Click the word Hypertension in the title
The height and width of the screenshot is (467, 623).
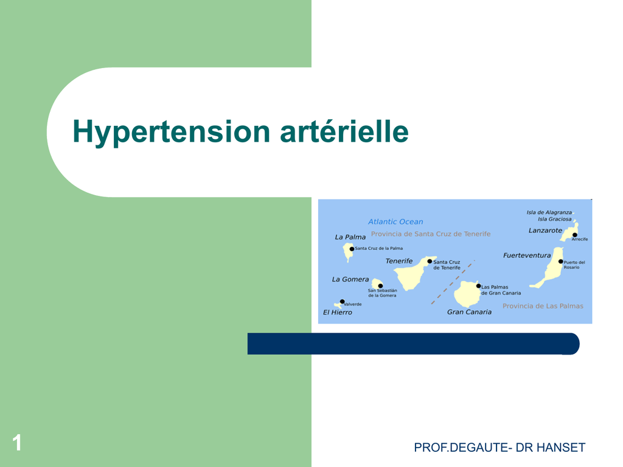pyautogui.click(x=172, y=132)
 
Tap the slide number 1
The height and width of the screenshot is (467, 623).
pyautogui.click(x=16, y=443)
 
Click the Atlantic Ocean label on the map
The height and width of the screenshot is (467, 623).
pyautogui.click(x=395, y=221)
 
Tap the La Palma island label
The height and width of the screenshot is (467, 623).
pyautogui.click(x=350, y=237)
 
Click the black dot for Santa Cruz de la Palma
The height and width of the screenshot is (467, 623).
pyautogui.click(x=352, y=249)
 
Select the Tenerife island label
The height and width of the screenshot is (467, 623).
pyautogui.click(x=399, y=261)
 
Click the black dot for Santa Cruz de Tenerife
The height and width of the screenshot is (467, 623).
pyautogui.click(x=430, y=261)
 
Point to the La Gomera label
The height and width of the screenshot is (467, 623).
pyautogui.click(x=350, y=279)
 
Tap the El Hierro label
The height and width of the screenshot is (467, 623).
pyautogui.click(x=337, y=312)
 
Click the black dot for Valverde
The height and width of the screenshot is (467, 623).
pyautogui.click(x=342, y=302)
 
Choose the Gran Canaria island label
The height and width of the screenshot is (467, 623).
pyautogui.click(x=469, y=312)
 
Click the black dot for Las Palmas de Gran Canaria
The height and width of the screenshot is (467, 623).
pyautogui.click(x=478, y=286)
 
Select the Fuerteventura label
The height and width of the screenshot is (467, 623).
pyautogui.click(x=527, y=255)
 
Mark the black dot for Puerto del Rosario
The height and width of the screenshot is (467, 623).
pyautogui.click(x=560, y=261)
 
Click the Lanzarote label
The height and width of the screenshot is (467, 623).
pyautogui.click(x=545, y=230)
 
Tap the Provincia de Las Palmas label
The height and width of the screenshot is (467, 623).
pyautogui.click(x=543, y=306)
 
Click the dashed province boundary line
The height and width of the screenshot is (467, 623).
pyautogui.click(x=453, y=282)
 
